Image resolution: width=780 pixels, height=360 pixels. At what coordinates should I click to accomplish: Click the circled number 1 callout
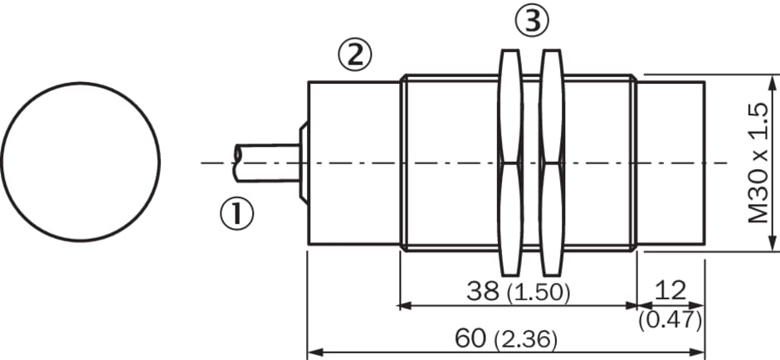click(236, 214)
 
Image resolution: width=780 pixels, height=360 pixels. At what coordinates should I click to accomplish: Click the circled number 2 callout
click(354, 55)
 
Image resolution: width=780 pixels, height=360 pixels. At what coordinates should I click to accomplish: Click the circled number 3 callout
click(532, 21)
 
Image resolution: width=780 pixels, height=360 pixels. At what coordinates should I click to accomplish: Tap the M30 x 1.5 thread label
click(759, 163)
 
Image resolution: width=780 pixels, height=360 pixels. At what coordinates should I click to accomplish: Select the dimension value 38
click(483, 291)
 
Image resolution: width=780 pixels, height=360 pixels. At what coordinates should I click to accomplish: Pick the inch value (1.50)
click(539, 294)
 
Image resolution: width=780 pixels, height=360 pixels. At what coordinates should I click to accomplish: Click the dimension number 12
click(670, 289)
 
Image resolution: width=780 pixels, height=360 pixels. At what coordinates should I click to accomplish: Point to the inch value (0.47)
click(670, 321)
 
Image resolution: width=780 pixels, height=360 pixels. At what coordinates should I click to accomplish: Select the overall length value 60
click(470, 338)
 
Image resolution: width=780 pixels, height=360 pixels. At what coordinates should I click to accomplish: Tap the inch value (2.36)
click(526, 341)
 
